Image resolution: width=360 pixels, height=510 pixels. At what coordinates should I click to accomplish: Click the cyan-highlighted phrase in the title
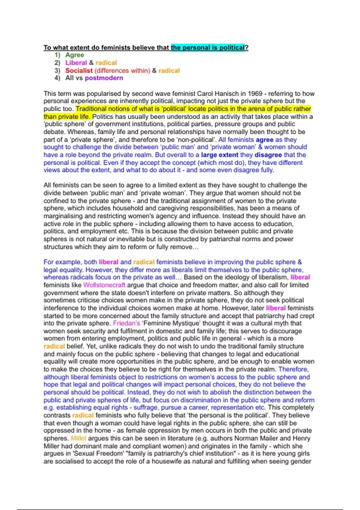pos(208,47)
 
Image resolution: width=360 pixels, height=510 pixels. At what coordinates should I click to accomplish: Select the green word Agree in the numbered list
pos(75,55)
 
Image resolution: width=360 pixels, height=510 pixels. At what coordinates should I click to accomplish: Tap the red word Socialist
pos(79,70)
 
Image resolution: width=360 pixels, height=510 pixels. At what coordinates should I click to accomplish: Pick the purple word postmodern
pos(104,78)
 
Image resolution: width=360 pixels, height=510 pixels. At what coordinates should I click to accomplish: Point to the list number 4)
pos(57,78)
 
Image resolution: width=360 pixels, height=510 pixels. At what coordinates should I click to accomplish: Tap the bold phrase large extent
pos(220,155)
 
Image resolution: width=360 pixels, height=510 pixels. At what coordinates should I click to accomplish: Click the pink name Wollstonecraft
pos(104,285)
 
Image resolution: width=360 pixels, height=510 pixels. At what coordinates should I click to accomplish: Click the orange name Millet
pos(78,438)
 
